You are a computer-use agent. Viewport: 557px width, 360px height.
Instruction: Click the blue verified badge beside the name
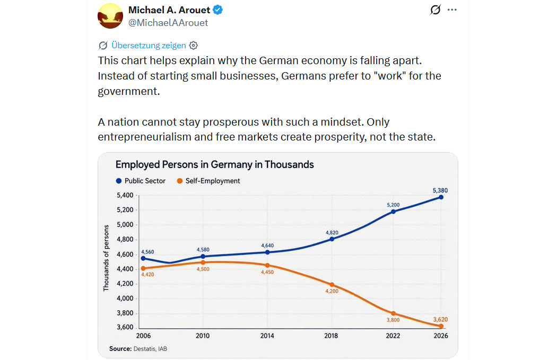pos(217,10)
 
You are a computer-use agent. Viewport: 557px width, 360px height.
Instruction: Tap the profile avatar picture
pos(110,15)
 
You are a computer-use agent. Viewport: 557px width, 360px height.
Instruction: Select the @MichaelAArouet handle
pos(168,23)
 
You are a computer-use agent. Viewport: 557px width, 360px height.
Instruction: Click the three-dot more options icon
pos(452,10)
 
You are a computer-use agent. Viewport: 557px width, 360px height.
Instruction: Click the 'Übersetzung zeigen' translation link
pos(148,45)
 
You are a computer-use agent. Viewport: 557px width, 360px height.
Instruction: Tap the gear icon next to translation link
pos(194,45)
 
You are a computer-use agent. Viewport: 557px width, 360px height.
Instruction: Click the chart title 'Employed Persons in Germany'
pos(214,164)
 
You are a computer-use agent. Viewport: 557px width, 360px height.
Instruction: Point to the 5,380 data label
pos(440,190)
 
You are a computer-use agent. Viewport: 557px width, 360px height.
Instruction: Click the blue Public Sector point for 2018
pos(332,239)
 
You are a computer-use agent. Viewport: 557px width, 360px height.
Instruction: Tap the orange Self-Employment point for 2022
pos(393,313)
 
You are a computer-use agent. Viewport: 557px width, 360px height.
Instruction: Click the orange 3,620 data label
pos(440,319)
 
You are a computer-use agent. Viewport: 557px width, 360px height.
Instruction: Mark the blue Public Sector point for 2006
pos(143,258)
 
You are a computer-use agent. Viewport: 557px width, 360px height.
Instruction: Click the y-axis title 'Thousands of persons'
pos(106,258)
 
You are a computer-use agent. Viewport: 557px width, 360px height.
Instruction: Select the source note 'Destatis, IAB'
pos(142,348)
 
